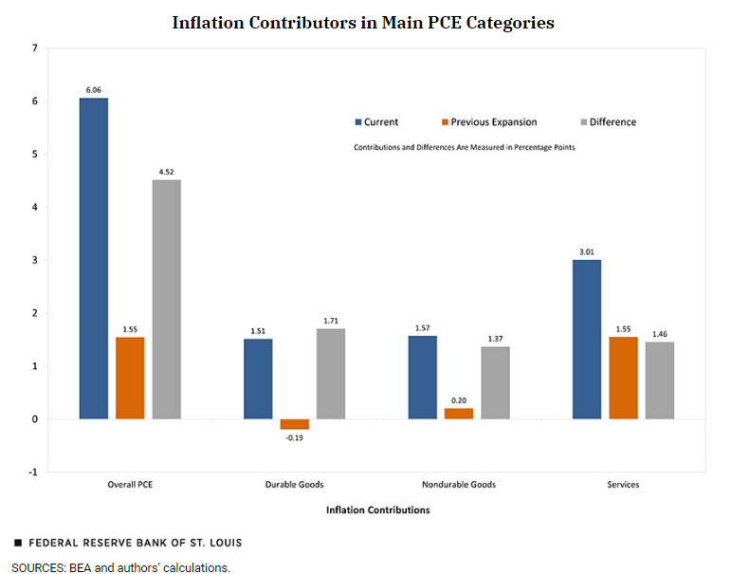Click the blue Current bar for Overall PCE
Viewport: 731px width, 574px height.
pyautogui.click(x=93, y=258)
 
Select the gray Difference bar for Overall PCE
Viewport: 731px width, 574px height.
pyautogui.click(x=166, y=299)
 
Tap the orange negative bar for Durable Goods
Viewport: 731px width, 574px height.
pyautogui.click(x=295, y=424)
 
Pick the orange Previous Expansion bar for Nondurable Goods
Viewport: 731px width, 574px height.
pyautogui.click(x=459, y=414)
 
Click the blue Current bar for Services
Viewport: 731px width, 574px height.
pyautogui.click(x=587, y=339)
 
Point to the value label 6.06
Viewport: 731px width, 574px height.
pyautogui.click(x=93, y=90)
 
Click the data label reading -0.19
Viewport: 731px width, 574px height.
pyautogui.click(x=295, y=437)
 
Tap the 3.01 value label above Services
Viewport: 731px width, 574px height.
pyautogui.click(x=587, y=251)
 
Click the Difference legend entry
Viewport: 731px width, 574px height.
pyautogui.click(x=612, y=122)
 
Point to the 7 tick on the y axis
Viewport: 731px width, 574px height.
pyautogui.click(x=35, y=48)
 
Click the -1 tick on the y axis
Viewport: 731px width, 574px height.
pyautogui.click(x=33, y=472)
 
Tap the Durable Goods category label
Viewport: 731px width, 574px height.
pyautogui.click(x=295, y=485)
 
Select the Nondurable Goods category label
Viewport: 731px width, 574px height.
pyautogui.click(x=459, y=485)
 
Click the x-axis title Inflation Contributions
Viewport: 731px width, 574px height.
pyautogui.click(x=377, y=509)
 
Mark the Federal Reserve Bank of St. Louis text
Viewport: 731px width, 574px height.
pyautogui.click(x=136, y=543)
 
